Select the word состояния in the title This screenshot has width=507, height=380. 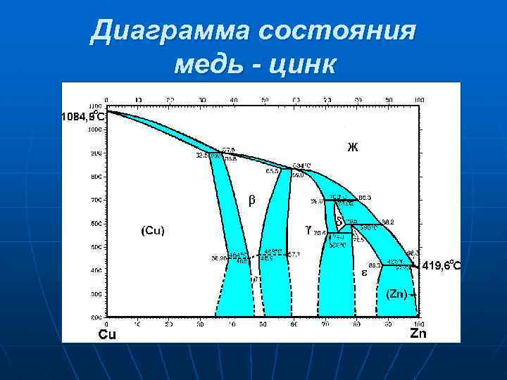click(337, 32)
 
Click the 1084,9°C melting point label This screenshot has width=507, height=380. click(83, 116)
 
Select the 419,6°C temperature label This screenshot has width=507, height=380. click(442, 265)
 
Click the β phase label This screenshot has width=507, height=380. click(251, 200)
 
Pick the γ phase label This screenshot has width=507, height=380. click(308, 229)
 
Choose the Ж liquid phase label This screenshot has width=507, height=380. click(352, 147)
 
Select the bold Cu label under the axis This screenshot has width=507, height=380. click(107, 334)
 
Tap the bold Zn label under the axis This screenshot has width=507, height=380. click(418, 334)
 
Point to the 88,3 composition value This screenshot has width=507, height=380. click(375, 265)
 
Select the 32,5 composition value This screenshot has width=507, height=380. click(202, 156)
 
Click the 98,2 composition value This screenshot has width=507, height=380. click(388, 222)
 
